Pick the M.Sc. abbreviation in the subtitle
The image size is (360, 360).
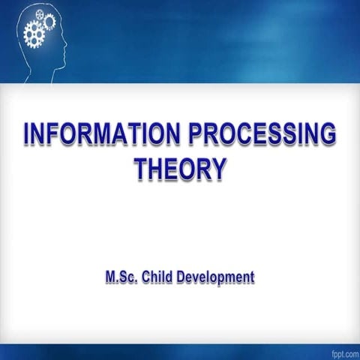(121, 277)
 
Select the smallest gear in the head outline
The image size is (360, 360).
(39, 15)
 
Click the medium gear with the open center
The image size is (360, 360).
(49, 22)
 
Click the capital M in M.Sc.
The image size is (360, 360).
(109, 277)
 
